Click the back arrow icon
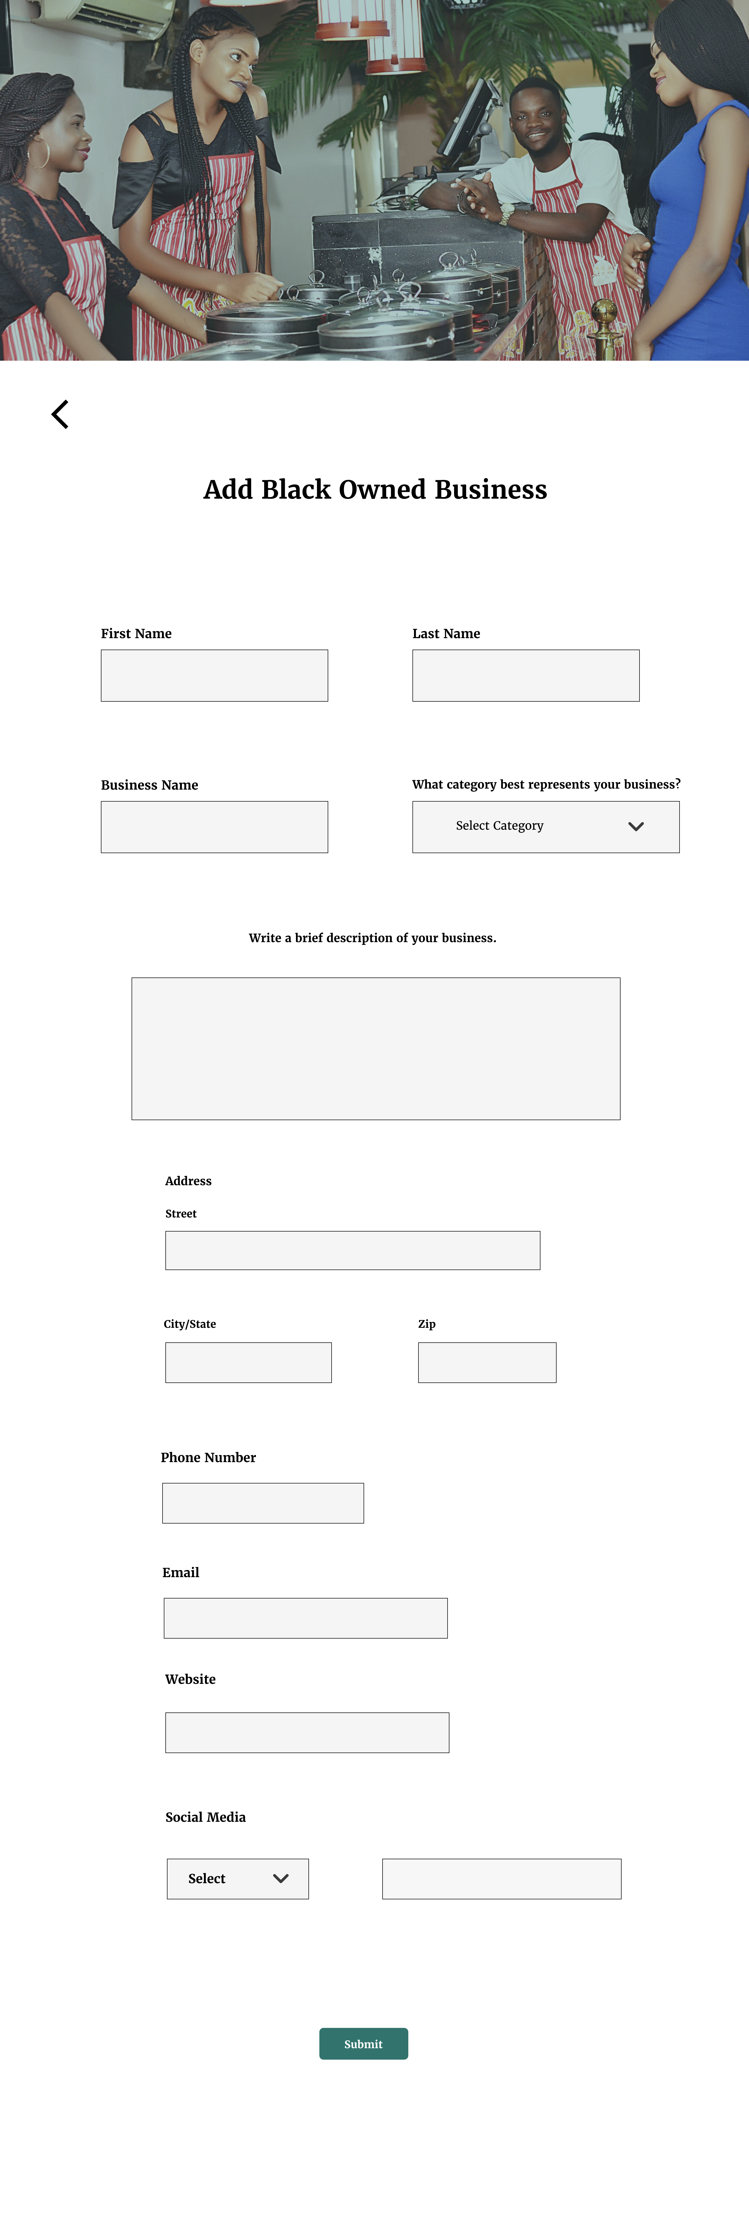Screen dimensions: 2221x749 click(60, 415)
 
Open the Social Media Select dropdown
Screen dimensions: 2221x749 click(238, 1879)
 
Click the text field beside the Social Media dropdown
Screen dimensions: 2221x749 click(502, 1879)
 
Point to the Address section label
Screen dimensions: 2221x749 click(188, 1181)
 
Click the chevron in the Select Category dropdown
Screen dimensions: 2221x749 click(636, 827)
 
